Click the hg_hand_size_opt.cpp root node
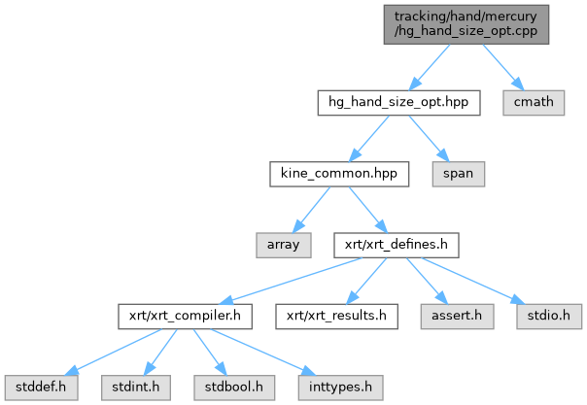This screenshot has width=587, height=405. (466, 24)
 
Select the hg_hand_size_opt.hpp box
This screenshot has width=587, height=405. (398, 103)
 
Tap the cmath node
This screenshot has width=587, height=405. (534, 103)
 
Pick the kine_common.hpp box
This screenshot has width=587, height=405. (339, 174)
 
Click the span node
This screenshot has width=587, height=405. (458, 174)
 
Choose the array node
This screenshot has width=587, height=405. (284, 246)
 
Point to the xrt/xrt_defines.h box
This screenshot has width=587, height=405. (397, 246)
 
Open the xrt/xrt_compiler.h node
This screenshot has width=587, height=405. (185, 317)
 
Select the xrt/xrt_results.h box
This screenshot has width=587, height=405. (336, 317)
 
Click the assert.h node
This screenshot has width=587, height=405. (457, 317)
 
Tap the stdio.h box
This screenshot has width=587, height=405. (549, 317)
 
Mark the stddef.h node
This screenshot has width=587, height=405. (41, 388)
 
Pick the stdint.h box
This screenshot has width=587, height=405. (135, 388)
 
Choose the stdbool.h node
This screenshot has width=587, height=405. (234, 388)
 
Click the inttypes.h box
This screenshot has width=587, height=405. (341, 388)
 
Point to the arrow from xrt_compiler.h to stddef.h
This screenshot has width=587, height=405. (113, 353)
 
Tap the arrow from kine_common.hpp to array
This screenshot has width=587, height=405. (311, 210)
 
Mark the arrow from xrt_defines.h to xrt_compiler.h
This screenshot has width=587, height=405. (291, 281)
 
